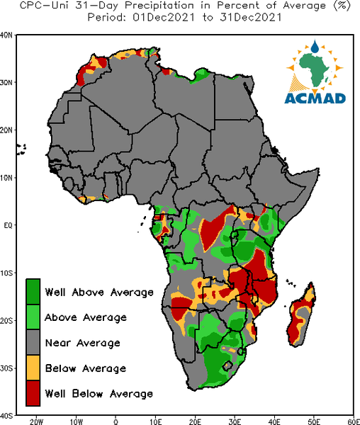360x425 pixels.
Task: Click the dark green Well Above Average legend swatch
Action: tap(33, 291)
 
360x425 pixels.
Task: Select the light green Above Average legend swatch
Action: tap(33, 317)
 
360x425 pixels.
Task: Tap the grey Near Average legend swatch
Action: tap(33, 342)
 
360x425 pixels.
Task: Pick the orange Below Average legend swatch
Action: tap(33, 368)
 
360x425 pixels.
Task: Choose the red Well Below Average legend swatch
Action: tap(33, 393)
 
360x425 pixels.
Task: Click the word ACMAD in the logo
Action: tap(315, 98)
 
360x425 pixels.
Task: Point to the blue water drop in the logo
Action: tap(315, 47)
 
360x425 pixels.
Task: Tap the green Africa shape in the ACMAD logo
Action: tap(315, 69)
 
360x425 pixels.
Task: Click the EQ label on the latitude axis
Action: tap(8, 225)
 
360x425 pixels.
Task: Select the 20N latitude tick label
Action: tap(6, 130)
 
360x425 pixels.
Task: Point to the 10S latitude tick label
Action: tap(6, 273)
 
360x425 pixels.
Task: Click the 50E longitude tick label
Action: tap(314, 421)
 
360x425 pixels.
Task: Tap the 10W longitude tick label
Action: tap(77, 421)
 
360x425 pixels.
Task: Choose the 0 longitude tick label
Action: tap(116, 421)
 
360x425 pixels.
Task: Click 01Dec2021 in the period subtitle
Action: tap(164, 18)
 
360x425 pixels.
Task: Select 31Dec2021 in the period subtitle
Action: tap(251, 18)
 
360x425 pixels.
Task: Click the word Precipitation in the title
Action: tap(159, 6)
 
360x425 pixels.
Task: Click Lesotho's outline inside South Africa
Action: tap(227, 366)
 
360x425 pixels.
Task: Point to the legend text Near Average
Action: tap(83, 343)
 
